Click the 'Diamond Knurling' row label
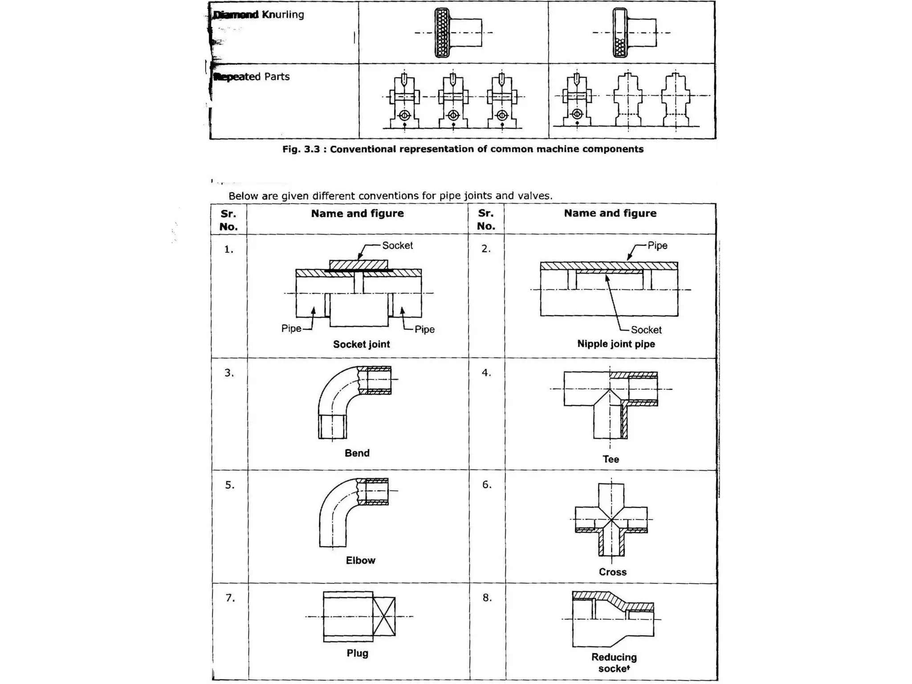point(259,15)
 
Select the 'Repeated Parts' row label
point(252,77)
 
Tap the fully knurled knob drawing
point(442,33)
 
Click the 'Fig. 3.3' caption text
point(463,149)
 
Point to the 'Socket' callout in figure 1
point(397,245)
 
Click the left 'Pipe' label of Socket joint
point(291,329)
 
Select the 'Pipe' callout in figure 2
point(657,245)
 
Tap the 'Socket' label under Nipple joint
point(646,330)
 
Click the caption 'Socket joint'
point(361,344)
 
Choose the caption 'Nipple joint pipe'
point(616,344)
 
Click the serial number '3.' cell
point(229,373)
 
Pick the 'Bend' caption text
point(357,453)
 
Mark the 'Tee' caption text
point(611,459)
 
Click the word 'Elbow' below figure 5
point(360,561)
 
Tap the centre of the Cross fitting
point(611,520)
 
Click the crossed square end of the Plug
point(384,617)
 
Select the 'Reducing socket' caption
point(614,663)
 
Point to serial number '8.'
point(487,598)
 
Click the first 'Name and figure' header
point(357,213)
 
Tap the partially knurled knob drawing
point(620,33)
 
